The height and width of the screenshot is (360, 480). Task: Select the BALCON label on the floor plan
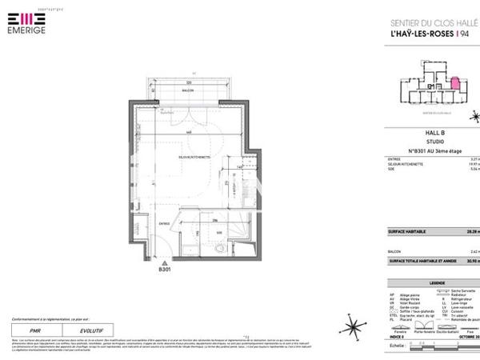(188, 92)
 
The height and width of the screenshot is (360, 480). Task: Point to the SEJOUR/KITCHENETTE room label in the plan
(194, 158)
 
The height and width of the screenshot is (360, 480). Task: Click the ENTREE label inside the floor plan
(164, 224)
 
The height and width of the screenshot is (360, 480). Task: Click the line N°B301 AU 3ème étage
(432, 150)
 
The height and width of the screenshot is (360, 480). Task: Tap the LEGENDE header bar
(436, 283)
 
